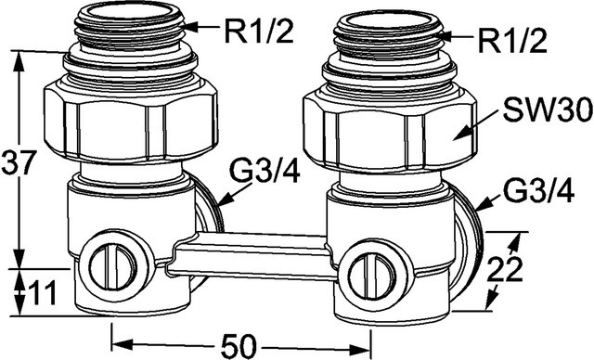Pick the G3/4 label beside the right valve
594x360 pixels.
(537, 190)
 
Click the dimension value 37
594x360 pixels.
(19, 162)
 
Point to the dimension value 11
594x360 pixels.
(43, 292)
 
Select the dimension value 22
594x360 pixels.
(505, 269)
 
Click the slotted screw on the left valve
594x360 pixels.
(109, 265)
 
